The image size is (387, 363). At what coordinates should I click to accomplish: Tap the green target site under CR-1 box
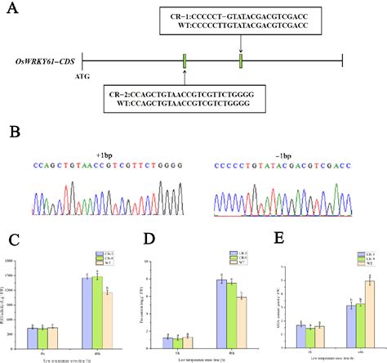click(241, 61)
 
